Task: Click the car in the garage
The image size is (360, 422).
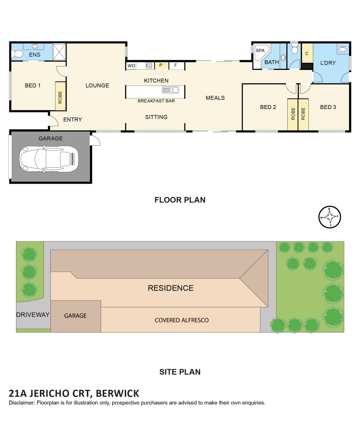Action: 49,159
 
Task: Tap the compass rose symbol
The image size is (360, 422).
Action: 330,217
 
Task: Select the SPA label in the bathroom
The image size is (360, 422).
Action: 260,51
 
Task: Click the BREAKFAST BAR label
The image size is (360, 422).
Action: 156,101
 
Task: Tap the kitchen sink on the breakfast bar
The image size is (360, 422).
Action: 170,90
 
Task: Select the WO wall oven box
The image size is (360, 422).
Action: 131,66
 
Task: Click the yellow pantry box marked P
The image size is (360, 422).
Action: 160,66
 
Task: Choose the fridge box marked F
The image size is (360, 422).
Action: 176,66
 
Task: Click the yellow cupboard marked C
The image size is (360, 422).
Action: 307,54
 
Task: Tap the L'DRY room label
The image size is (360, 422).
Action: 328,63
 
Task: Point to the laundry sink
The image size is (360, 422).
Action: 343,49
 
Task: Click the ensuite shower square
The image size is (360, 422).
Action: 59,51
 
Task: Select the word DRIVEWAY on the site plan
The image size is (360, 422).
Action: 33,315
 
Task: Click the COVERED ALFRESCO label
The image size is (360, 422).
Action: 182,320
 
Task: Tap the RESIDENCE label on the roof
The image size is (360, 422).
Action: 170,288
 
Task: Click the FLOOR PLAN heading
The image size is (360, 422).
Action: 180,200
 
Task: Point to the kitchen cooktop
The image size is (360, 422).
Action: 149,66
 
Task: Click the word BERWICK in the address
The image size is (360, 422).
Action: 118,393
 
